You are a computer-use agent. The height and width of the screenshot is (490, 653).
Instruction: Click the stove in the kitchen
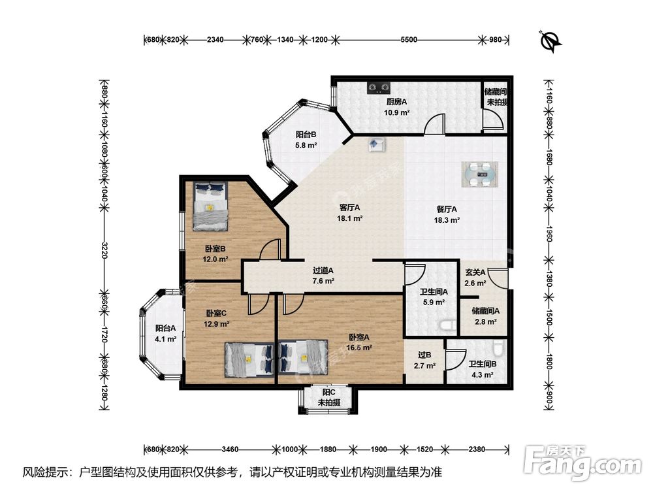click(x=379, y=87)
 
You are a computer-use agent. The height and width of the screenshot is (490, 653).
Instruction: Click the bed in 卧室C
click(x=249, y=359)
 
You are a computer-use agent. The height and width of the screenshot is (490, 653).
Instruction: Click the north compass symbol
click(x=551, y=41)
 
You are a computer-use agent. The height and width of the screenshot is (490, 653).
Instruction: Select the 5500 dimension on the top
click(x=409, y=40)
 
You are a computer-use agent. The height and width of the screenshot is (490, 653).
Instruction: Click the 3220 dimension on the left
click(x=104, y=250)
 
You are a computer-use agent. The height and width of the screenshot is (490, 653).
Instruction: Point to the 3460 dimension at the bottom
click(x=230, y=449)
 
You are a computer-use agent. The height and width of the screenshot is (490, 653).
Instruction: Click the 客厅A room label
click(x=349, y=208)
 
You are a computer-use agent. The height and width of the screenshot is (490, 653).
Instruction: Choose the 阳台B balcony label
click(x=306, y=135)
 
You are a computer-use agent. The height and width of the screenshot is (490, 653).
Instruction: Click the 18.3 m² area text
click(x=447, y=220)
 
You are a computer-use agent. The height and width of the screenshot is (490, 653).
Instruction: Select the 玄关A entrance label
click(x=475, y=272)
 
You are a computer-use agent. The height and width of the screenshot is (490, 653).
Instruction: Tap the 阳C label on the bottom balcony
click(x=329, y=393)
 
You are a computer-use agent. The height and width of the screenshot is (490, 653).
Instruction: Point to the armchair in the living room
click(x=376, y=144)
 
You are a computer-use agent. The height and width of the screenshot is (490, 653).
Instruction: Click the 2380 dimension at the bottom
click(x=477, y=449)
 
